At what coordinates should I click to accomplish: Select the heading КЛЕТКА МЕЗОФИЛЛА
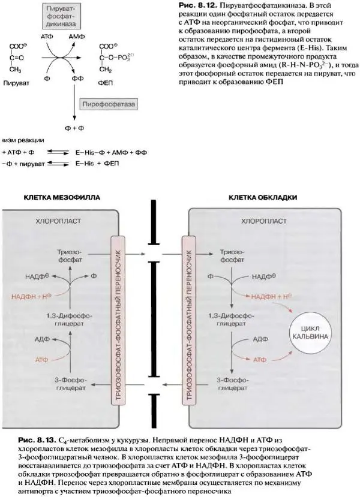point(62,197)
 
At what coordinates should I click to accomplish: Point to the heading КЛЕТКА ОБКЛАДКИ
point(263,197)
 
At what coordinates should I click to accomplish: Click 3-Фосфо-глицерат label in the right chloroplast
point(235,383)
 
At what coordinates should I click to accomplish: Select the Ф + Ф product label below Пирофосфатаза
point(73,128)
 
